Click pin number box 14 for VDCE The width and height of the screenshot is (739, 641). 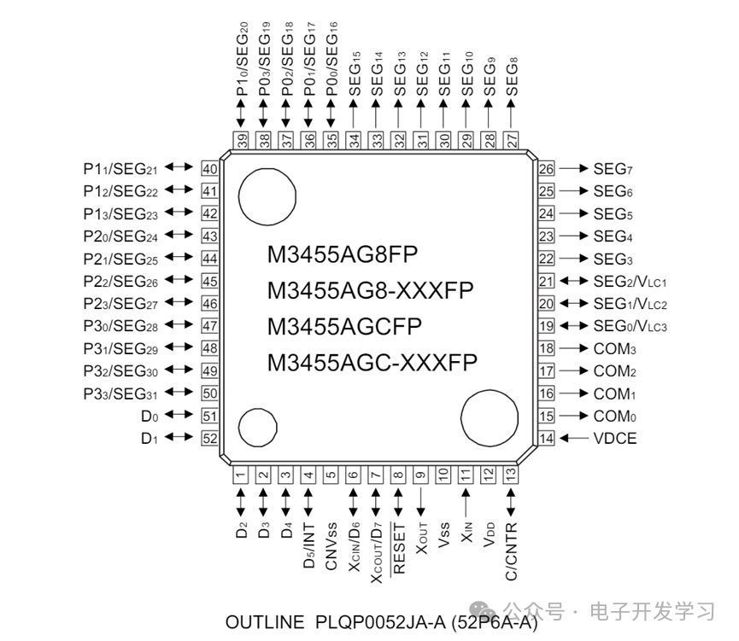pyautogui.click(x=547, y=439)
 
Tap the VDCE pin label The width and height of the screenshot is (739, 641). pyautogui.click(x=614, y=439)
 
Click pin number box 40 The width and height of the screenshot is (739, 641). pyautogui.click(x=209, y=168)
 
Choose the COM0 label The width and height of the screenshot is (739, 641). pyautogui.click(x=615, y=417)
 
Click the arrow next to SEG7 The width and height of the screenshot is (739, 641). pyautogui.click(x=572, y=169)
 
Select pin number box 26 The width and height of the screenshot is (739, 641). pyautogui.click(x=547, y=169)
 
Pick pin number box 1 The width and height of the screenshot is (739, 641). pyautogui.click(x=242, y=475)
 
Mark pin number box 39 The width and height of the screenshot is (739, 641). pyautogui.click(x=242, y=138)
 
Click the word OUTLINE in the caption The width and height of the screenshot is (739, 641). pyautogui.click(x=264, y=622)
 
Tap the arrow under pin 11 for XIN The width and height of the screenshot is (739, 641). pyautogui.click(x=466, y=501)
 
